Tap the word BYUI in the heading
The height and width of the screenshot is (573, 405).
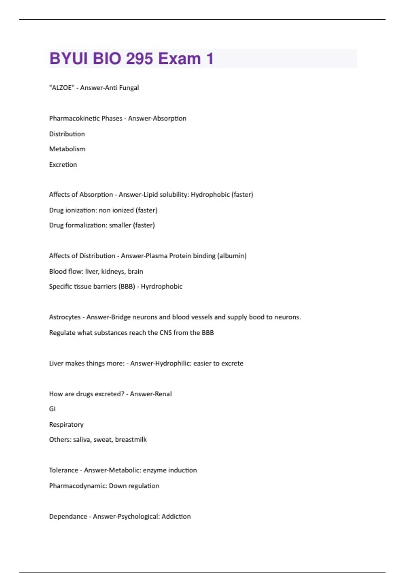pos(69,59)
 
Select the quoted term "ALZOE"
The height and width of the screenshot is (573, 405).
pos(62,88)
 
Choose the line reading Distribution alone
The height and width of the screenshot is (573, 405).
pos(67,134)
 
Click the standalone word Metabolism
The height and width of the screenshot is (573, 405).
pos(67,149)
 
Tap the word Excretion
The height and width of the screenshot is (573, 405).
pos(63,164)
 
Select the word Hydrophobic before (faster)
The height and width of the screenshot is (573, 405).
pos(210,194)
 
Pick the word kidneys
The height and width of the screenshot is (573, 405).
pos(113,271)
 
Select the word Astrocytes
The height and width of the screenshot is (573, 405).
pos(65,317)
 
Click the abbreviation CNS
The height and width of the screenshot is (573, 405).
pos(165,333)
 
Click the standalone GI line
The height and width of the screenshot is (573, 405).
pos(52,409)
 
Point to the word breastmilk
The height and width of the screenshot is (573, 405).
pos(131,440)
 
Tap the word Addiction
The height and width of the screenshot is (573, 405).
pos(176,516)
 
